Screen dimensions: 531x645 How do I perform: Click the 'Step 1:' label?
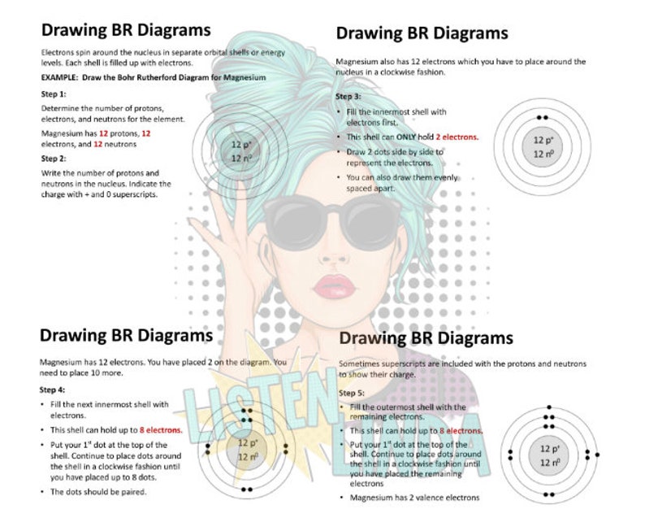coord(54,94)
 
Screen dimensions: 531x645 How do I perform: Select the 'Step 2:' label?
coord(54,158)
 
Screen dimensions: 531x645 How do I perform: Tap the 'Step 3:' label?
coord(349,97)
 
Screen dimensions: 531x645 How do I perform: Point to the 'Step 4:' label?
coord(54,390)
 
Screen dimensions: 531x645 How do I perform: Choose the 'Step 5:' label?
coord(353,393)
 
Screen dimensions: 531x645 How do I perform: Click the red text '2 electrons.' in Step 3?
coord(457,137)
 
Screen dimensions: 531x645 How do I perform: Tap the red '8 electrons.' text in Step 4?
coord(161,429)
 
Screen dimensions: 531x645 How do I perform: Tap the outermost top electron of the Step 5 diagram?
coord(550,407)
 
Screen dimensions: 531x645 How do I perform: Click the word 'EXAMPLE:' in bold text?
coord(59,77)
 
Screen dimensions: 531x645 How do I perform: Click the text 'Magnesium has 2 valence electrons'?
coord(414,498)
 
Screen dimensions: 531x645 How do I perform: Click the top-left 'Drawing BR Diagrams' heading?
coord(126,31)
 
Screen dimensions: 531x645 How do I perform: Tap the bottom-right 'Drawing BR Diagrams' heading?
coord(426,337)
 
